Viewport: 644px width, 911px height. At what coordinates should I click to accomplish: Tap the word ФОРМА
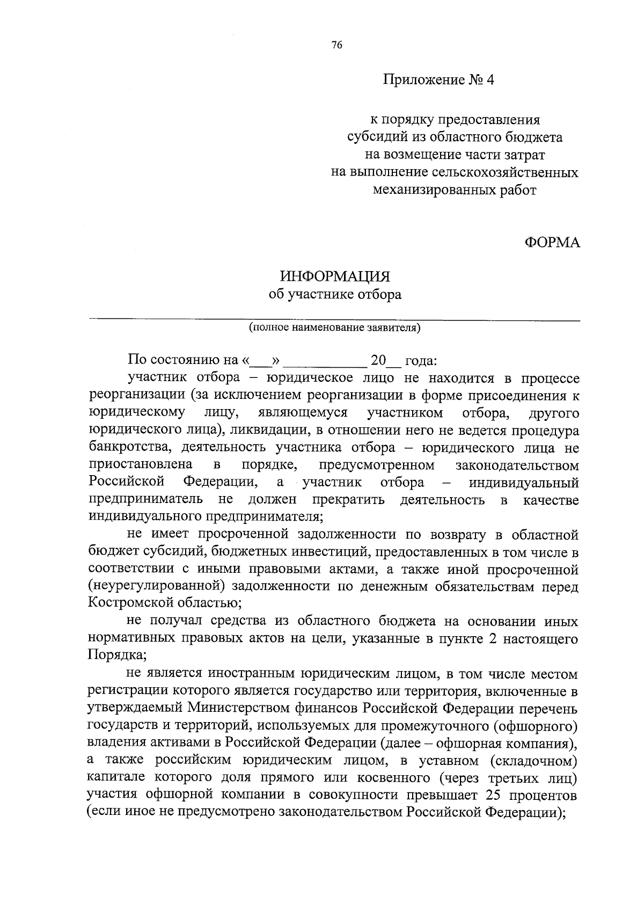(x=552, y=243)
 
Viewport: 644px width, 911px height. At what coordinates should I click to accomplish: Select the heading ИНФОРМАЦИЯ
(x=335, y=277)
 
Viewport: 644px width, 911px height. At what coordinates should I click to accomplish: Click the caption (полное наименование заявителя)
(x=334, y=327)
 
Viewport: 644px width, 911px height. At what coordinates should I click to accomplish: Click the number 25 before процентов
(x=493, y=795)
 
